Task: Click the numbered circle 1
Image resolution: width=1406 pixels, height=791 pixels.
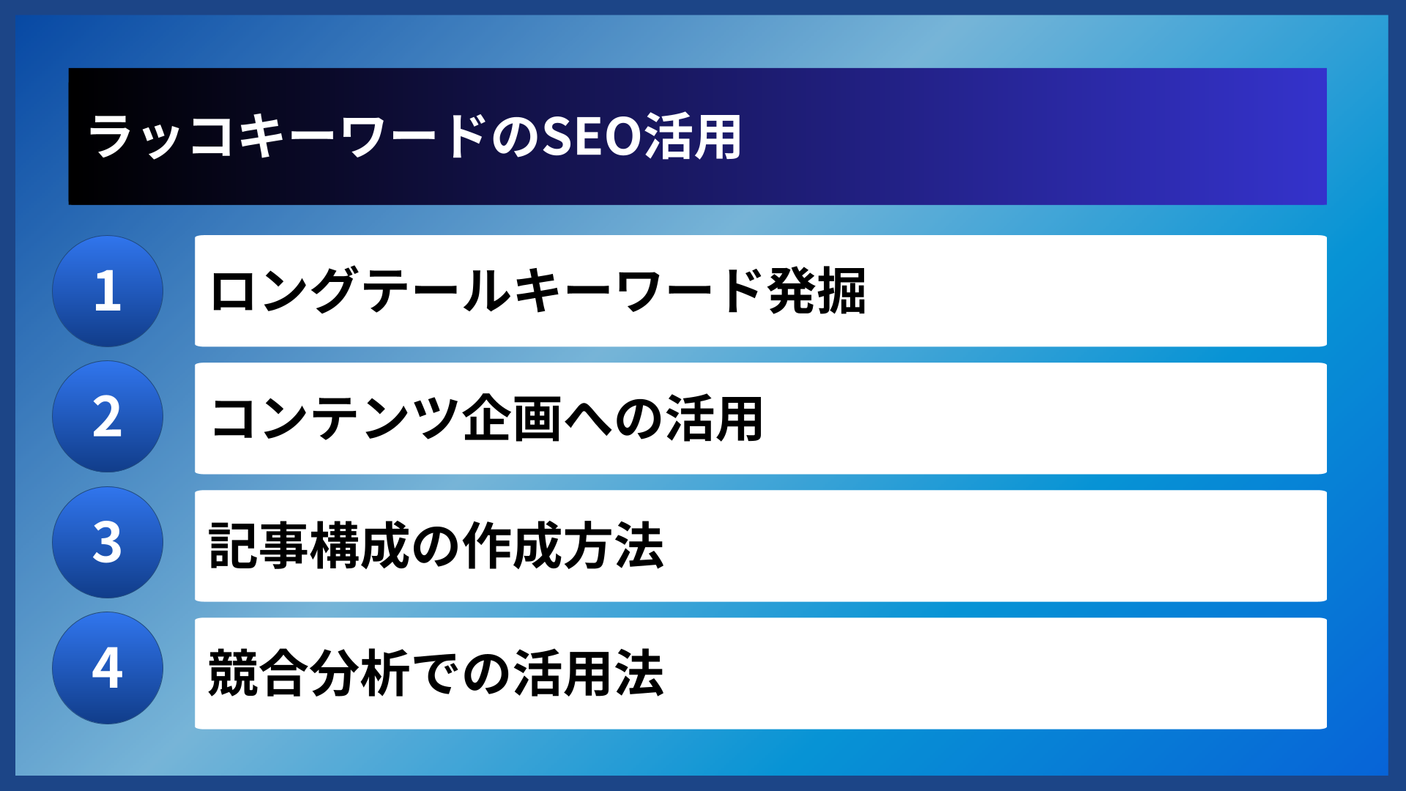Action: tap(108, 291)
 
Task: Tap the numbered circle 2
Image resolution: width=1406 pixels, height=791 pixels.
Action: tap(108, 417)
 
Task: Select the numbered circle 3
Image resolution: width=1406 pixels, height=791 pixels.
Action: tap(108, 543)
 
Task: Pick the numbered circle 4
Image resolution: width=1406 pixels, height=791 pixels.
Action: tap(108, 668)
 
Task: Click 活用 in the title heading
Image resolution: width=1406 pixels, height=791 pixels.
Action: tap(693, 137)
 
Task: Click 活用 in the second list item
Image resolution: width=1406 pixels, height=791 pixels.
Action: tap(715, 418)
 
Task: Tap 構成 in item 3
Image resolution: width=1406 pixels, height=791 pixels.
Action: tap(360, 546)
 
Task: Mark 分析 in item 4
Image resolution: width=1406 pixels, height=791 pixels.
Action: tap(360, 672)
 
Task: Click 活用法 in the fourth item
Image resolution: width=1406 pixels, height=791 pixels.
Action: tap(589, 672)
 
